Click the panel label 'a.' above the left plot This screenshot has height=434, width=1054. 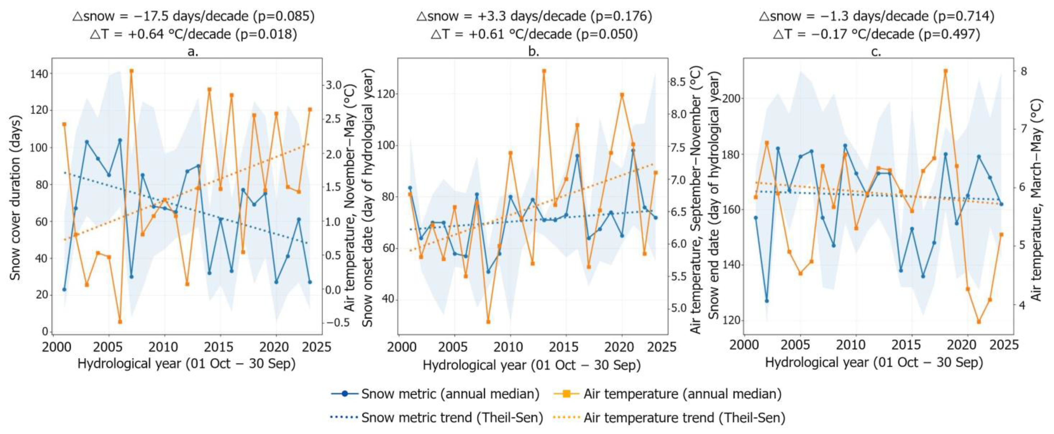point(192,52)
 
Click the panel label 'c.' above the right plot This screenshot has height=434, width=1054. point(876,52)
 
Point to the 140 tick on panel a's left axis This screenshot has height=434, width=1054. point(39,74)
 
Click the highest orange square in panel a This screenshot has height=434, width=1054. point(131,71)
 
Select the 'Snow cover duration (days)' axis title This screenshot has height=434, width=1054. point(16,198)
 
